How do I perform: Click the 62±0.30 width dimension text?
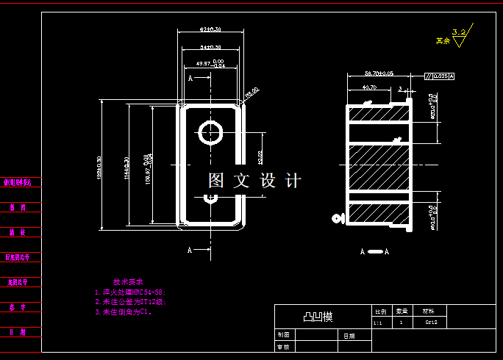[211, 29]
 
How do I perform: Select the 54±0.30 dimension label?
[211, 47]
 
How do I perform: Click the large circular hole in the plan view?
[212, 132]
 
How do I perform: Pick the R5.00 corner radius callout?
[251, 93]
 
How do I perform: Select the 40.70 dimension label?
[370, 87]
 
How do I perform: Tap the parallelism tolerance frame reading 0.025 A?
[440, 76]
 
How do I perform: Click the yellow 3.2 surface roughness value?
[460, 32]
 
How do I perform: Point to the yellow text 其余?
[442, 41]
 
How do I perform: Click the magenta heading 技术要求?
[128, 281]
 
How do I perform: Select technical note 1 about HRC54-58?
[135, 292]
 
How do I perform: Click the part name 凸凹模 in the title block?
[318, 317]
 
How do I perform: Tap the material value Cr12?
[431, 323]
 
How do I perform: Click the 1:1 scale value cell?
[378, 323]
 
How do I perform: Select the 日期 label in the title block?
[349, 336]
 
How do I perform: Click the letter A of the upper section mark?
[190, 77]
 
